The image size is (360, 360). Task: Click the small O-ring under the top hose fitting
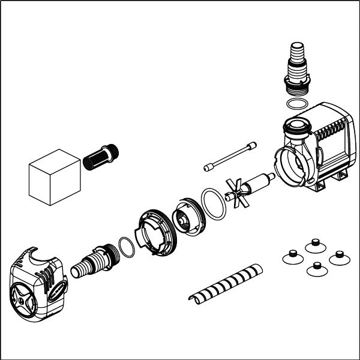click(295, 104)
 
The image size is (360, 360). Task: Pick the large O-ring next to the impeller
click(213, 203)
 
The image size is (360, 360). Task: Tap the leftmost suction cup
click(291, 256)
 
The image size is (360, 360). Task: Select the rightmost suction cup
click(338, 257)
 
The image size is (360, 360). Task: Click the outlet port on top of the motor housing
click(295, 126)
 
